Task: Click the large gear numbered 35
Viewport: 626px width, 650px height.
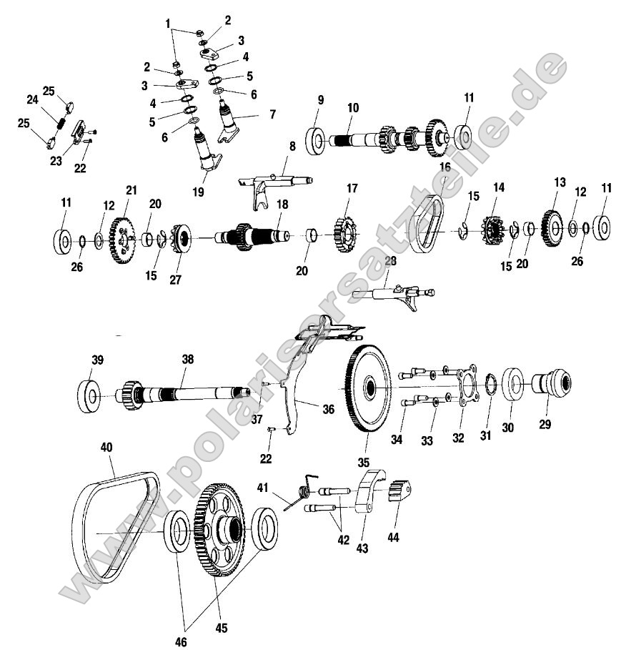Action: tap(371, 389)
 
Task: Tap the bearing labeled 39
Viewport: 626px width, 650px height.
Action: tap(89, 395)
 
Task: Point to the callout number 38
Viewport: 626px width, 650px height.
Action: tap(187, 361)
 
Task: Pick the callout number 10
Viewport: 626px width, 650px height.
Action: tap(352, 107)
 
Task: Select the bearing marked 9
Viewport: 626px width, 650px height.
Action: tap(316, 139)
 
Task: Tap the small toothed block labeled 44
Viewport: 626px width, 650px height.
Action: tap(401, 493)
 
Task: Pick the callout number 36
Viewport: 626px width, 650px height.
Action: tap(328, 409)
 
